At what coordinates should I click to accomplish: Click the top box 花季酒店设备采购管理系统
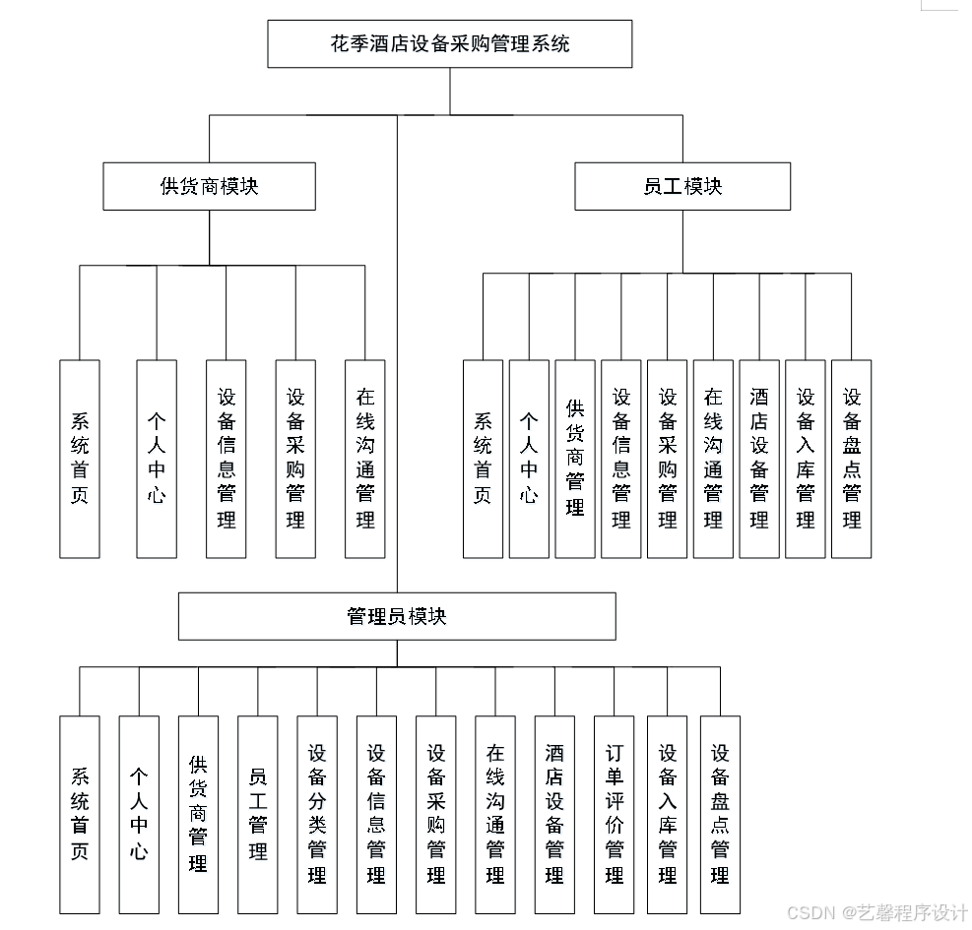point(450,44)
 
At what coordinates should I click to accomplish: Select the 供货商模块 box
point(209,186)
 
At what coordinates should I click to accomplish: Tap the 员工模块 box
point(682,186)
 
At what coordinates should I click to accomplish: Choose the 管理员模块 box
point(397,616)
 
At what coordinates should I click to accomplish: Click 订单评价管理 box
point(615,814)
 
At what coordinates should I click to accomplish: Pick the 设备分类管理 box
point(317,814)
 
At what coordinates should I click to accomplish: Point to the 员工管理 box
point(258,814)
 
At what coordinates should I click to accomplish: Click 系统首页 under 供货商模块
point(80,459)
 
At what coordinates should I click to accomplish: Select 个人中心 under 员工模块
point(529,459)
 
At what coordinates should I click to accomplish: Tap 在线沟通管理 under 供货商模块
point(365,459)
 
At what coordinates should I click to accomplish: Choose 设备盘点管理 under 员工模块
point(852,459)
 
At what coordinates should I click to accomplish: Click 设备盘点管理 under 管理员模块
point(720,814)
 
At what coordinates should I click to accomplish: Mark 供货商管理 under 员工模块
point(575,459)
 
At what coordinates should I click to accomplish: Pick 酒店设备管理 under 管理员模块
point(554,814)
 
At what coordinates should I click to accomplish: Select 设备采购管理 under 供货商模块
point(295,459)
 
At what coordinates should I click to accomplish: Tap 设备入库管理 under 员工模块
point(806,459)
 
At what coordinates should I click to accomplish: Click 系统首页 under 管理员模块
point(80,814)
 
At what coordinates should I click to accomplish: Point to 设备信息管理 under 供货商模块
point(227,459)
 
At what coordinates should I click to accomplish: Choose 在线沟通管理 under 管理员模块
point(495,814)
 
